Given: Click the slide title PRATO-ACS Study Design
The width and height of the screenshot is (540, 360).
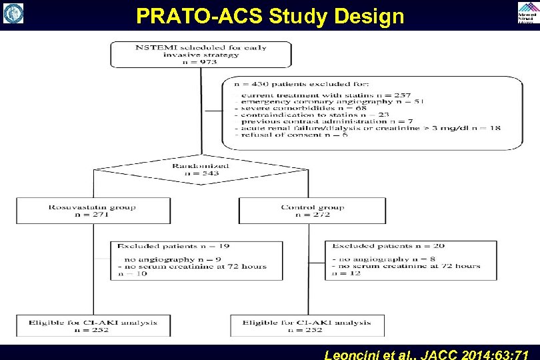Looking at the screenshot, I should coord(270,15).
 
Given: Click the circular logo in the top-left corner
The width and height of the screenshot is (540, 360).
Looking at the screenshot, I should coord(13,13).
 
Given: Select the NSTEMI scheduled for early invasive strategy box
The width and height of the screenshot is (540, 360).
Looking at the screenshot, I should coord(201,53).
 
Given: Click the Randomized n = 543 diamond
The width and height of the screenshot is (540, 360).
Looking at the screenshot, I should coord(201,170).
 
